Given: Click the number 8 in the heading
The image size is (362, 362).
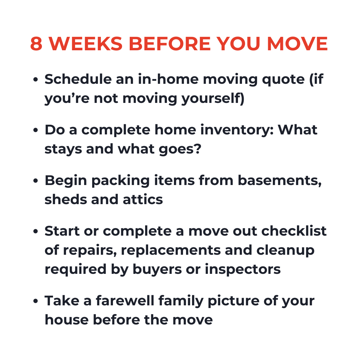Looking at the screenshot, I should [x=37, y=44].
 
